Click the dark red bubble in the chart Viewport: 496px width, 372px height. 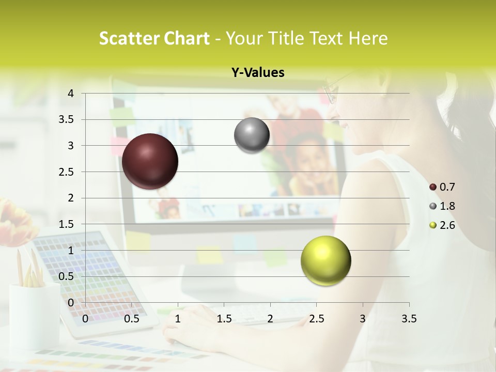click(150, 161)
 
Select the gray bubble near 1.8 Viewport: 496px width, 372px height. click(252, 135)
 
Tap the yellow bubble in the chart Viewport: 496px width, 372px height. click(326, 260)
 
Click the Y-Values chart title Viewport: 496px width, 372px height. click(258, 73)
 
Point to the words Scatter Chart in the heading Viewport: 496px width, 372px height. click(154, 38)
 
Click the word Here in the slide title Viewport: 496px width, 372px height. click(368, 38)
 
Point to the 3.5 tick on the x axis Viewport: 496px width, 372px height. click(409, 319)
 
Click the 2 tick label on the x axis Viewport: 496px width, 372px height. click(270, 319)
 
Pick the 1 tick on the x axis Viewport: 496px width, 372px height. click(178, 319)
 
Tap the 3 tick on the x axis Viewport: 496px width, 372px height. click(363, 319)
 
